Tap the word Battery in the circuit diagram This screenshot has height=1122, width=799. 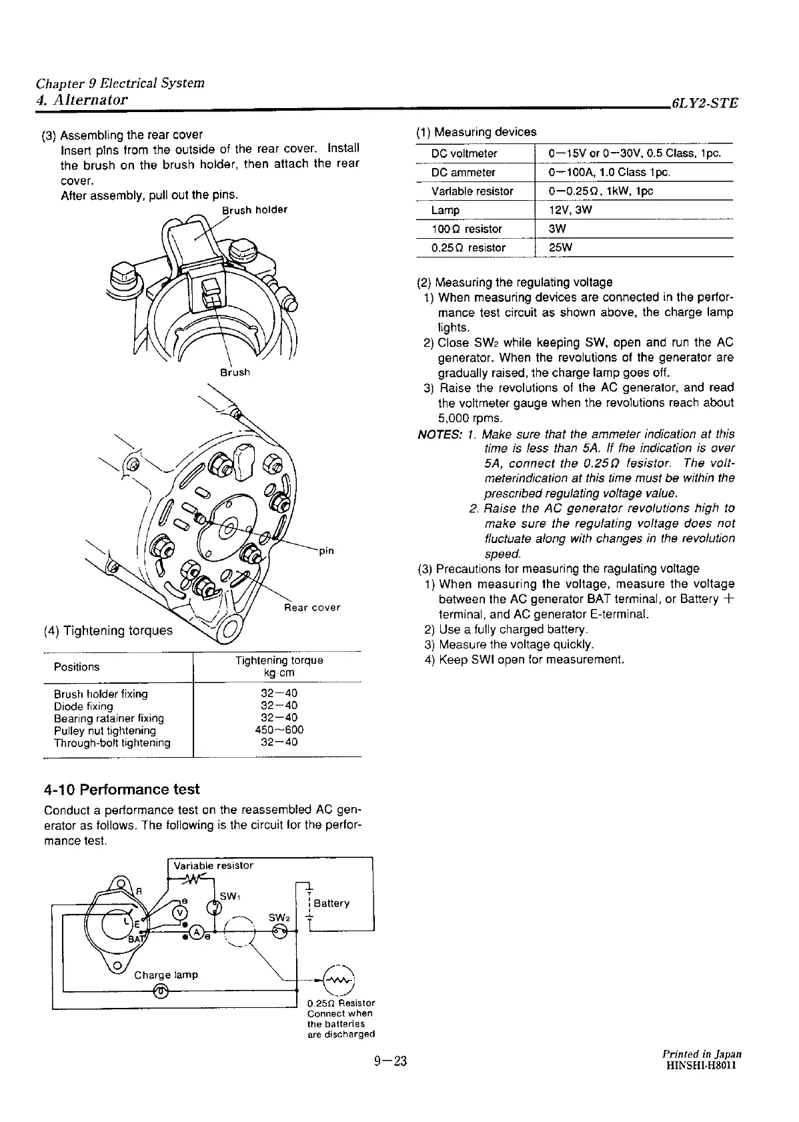(x=331, y=903)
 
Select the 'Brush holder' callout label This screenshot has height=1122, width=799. (x=254, y=209)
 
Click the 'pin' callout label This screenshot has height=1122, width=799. (x=327, y=551)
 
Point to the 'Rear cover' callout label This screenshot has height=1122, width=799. (x=312, y=608)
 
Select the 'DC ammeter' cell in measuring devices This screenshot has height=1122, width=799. (x=464, y=172)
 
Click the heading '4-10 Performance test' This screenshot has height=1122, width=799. (x=121, y=789)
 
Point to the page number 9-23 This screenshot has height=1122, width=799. (x=390, y=1061)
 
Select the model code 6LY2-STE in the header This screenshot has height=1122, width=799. (x=705, y=103)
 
